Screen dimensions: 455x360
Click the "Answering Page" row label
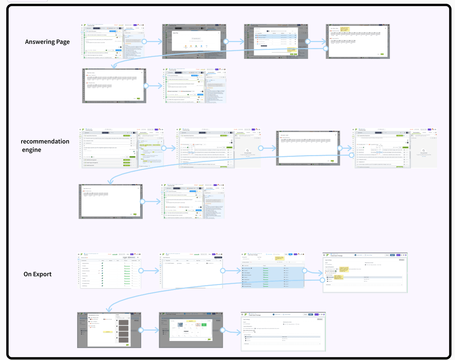tap(47, 42)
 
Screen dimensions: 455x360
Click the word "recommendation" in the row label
tap(45, 142)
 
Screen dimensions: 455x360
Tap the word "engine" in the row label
tap(31, 150)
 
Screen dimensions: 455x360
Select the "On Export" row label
tap(38, 274)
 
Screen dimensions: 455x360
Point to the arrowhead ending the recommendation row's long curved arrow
tap(109, 183)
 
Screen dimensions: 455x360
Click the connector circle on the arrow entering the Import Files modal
tap(143, 42)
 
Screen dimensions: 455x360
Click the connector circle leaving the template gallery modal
tap(223, 329)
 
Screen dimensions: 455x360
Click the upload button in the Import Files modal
tap(196, 38)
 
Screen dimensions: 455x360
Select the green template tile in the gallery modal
tap(204, 325)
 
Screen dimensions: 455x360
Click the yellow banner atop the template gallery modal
tap(191, 320)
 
